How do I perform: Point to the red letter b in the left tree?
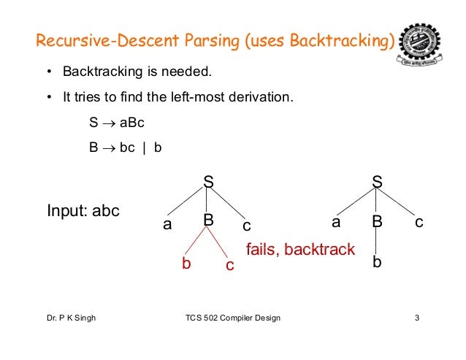(x=186, y=264)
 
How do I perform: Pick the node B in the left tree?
(x=207, y=220)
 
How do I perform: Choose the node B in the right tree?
(x=377, y=221)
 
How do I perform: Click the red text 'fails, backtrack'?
(x=300, y=250)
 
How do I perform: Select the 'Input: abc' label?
(x=83, y=211)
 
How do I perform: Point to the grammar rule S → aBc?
(x=117, y=124)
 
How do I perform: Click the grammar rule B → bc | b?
(x=125, y=147)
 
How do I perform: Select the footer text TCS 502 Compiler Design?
(x=233, y=319)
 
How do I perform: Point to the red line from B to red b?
(x=196, y=242)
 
